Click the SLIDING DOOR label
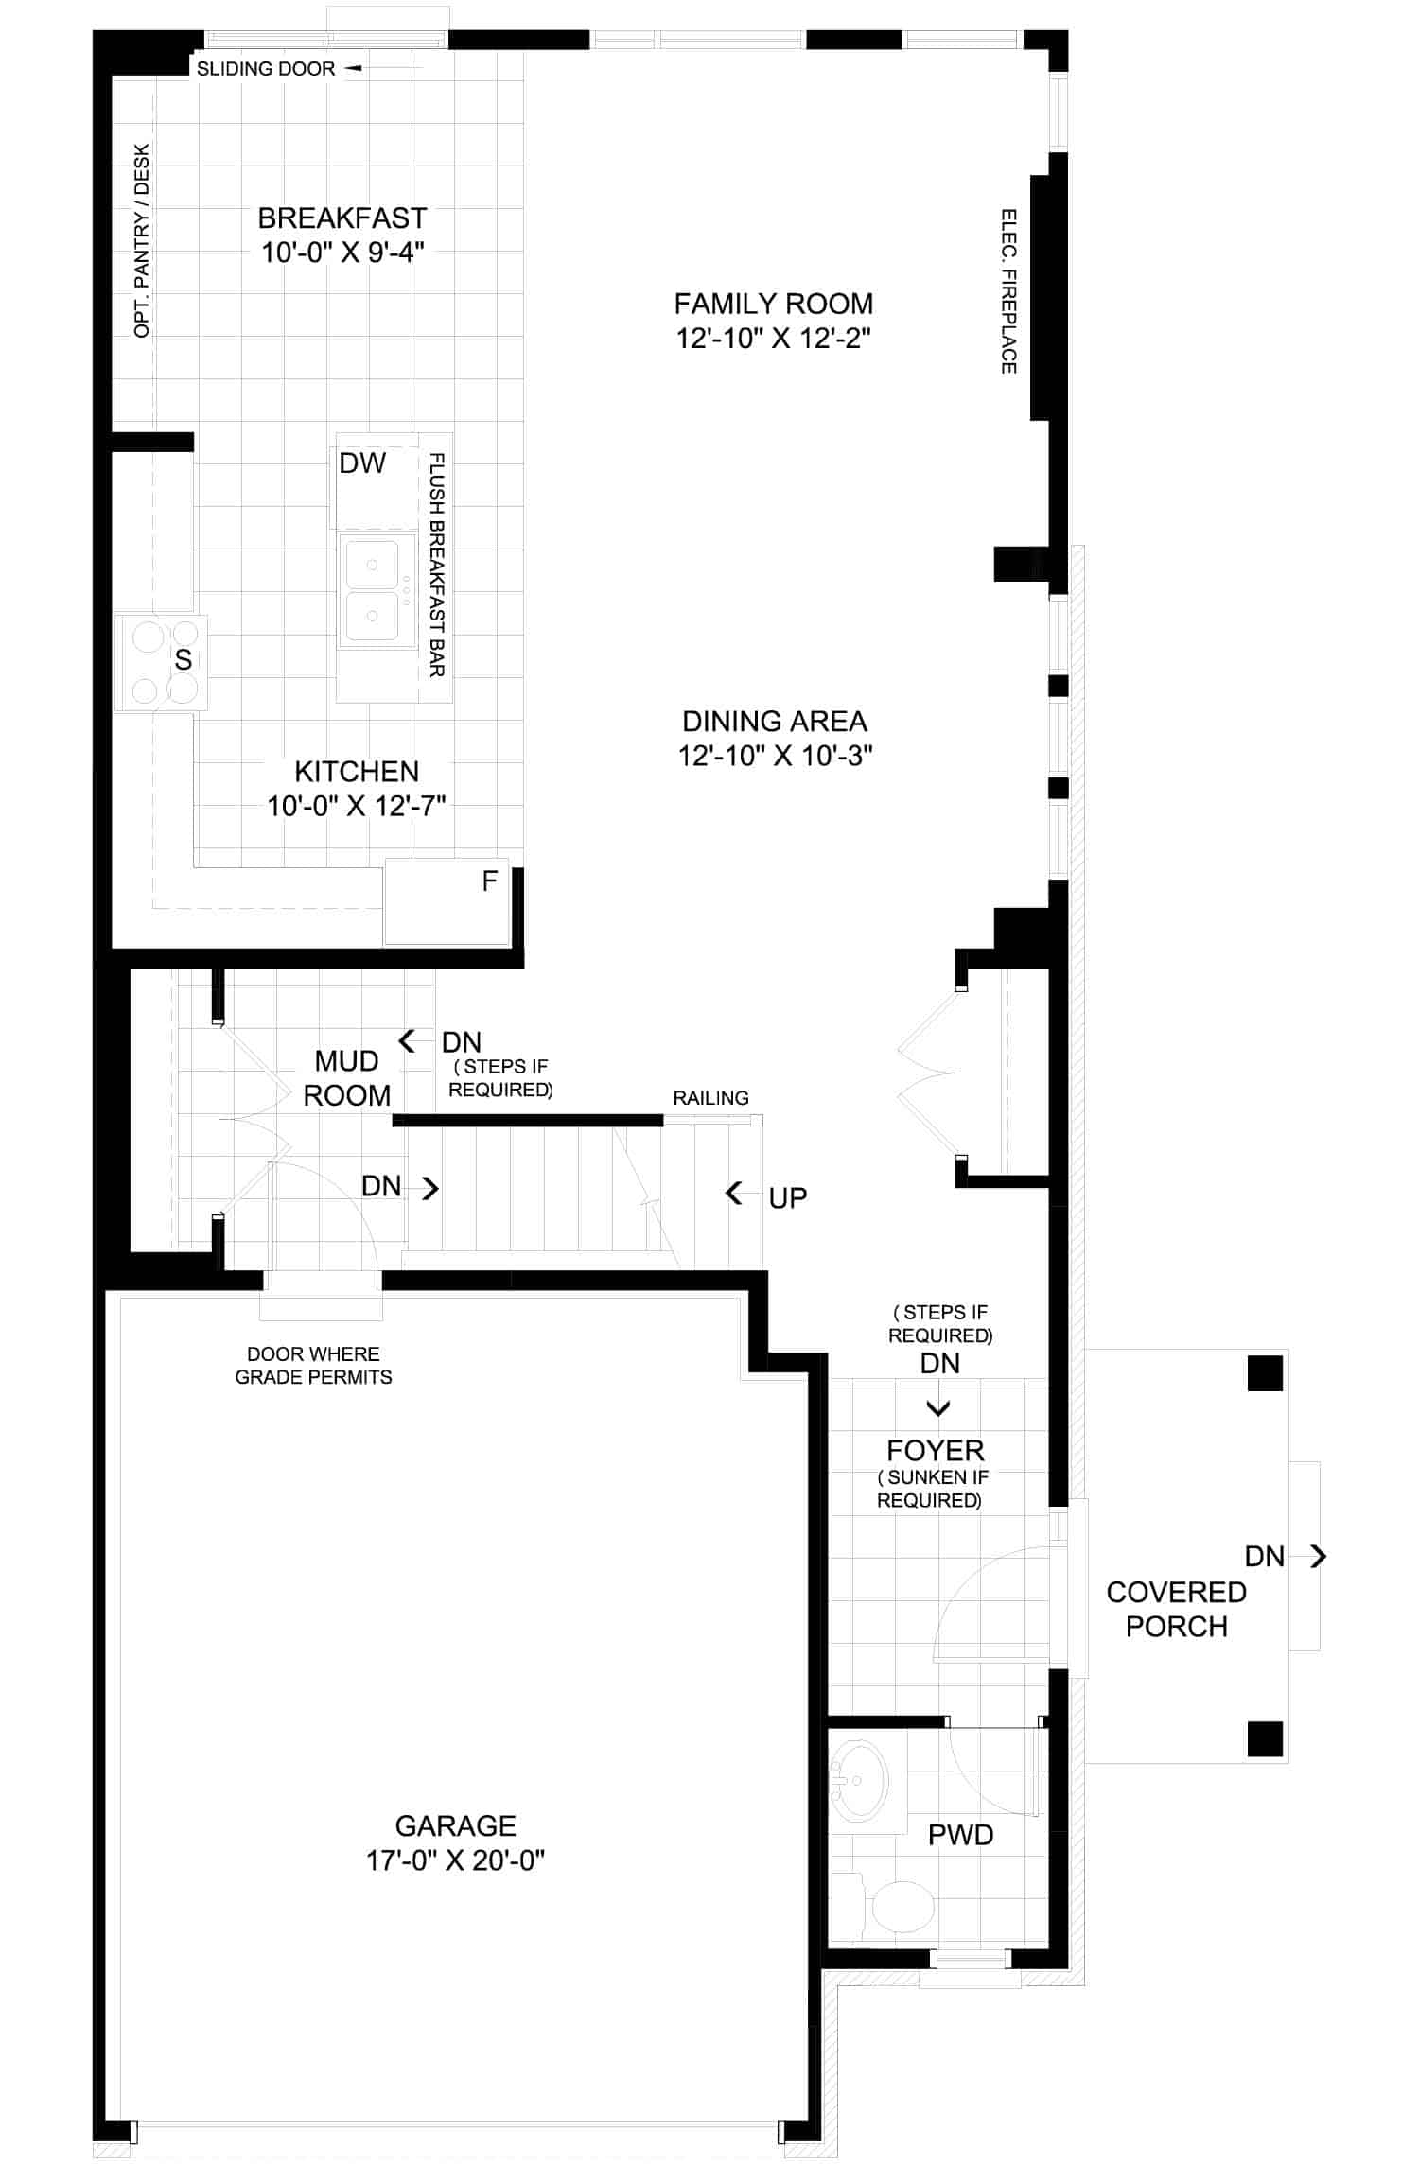point(266,69)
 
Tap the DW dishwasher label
point(362,462)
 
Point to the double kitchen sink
point(377,591)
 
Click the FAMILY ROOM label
point(773,304)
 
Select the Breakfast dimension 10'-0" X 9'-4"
point(342,253)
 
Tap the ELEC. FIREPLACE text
point(1008,291)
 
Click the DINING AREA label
point(775,722)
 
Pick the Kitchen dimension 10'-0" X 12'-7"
point(356,806)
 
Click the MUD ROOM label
point(346,1078)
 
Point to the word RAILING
point(710,1098)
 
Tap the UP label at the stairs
point(787,1198)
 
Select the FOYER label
point(935,1451)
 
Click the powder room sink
point(859,1782)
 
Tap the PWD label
point(960,1836)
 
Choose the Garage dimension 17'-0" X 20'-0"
point(455,1860)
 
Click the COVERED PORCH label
point(1176,1609)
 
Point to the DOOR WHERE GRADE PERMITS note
point(313,1366)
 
